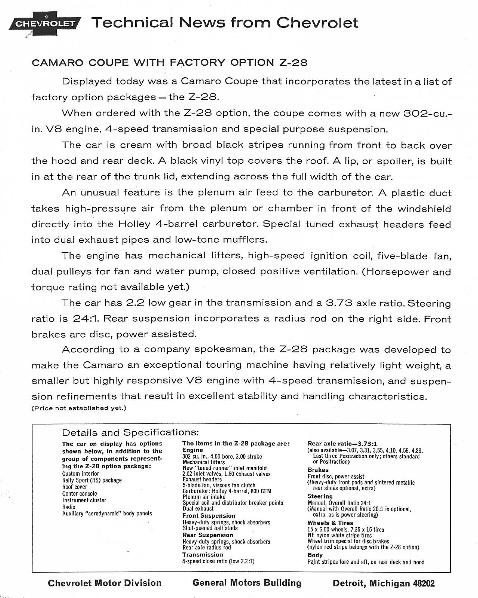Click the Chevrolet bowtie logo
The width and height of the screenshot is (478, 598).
pyautogui.click(x=45, y=24)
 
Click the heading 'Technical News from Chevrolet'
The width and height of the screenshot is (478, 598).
pyautogui.click(x=224, y=23)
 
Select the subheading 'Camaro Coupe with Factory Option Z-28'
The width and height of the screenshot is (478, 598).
pyautogui.click(x=170, y=62)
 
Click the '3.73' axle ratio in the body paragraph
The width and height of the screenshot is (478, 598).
pyautogui.click(x=339, y=303)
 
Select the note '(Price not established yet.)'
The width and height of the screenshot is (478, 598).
pyautogui.click(x=79, y=408)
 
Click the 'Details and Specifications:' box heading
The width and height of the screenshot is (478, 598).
pyautogui.click(x=130, y=432)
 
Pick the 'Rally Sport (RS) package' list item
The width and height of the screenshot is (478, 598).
pyautogui.click(x=92, y=480)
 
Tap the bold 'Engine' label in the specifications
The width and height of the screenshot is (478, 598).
pyautogui.click(x=192, y=450)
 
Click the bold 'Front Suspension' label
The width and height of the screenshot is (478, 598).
pyautogui.click(x=209, y=516)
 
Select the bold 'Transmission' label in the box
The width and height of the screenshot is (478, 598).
pyautogui.click(x=202, y=555)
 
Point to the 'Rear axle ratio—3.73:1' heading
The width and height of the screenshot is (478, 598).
pyautogui.click(x=342, y=444)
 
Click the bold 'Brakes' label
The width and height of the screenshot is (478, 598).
pyautogui.click(x=318, y=470)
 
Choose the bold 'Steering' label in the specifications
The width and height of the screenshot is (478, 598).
pyautogui.click(x=320, y=496)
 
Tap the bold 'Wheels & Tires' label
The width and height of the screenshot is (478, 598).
pyautogui.click(x=330, y=523)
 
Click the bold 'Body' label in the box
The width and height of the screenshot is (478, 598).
pyautogui.click(x=315, y=555)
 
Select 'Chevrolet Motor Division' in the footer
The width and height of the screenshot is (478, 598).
pyautogui.click(x=105, y=583)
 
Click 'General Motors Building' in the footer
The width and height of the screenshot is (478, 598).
pyautogui.click(x=247, y=583)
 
